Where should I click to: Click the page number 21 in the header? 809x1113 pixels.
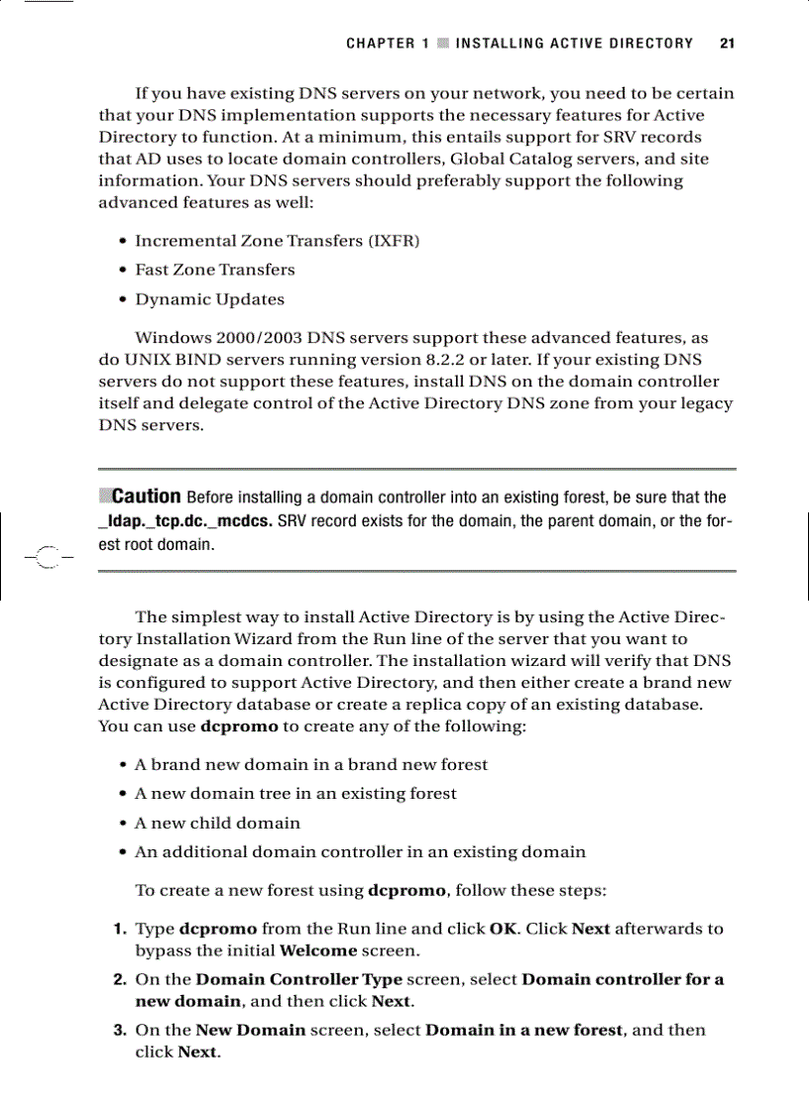pos(727,44)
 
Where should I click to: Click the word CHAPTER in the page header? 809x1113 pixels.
pos(381,44)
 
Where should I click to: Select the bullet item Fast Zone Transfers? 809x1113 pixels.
pos(214,270)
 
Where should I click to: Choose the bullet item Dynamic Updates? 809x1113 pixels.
pos(209,299)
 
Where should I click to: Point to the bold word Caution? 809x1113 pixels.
pos(146,497)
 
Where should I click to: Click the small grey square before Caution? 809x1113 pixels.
pos(105,495)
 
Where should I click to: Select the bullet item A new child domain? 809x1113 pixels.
pos(217,823)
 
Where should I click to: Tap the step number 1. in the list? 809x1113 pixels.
pos(117,930)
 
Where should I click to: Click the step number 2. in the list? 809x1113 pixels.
pos(117,980)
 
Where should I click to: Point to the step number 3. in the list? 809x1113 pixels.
pos(117,1031)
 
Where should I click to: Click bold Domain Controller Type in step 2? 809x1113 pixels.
pos(298,980)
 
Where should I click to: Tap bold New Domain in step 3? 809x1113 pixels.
pos(250,1031)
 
